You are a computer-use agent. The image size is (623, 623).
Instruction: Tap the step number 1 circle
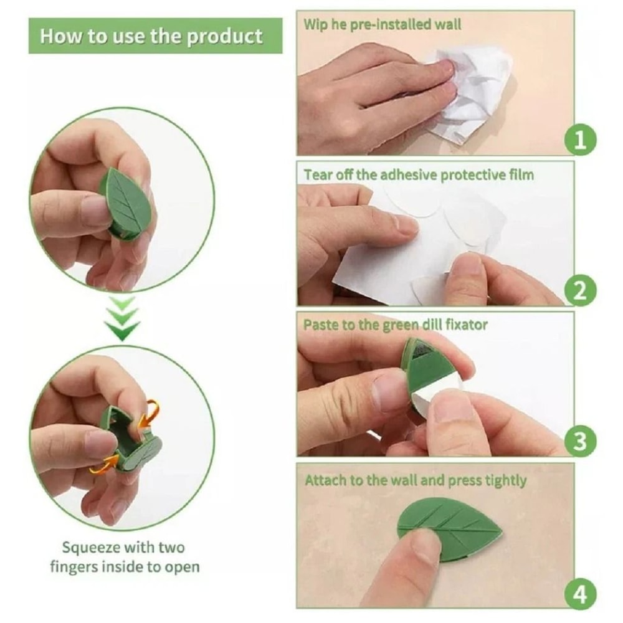click(x=580, y=140)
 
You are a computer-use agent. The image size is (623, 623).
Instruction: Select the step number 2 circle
click(x=580, y=291)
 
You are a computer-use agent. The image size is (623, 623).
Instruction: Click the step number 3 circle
click(x=580, y=442)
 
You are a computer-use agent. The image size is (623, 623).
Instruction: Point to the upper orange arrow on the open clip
click(x=149, y=411)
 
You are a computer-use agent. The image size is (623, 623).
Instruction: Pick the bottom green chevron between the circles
click(x=123, y=331)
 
